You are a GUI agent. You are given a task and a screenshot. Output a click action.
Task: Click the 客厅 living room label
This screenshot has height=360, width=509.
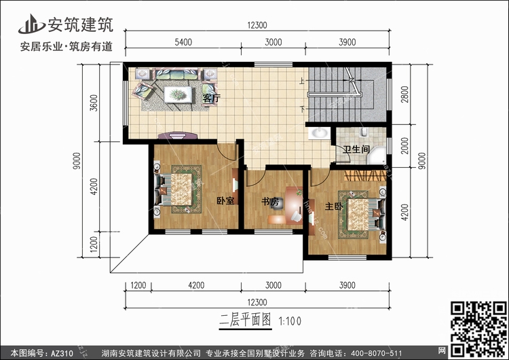click(212, 98)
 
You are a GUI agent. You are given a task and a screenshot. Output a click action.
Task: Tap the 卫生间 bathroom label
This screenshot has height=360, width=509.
click(356, 149)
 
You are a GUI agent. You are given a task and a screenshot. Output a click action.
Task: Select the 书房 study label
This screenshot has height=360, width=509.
click(270, 202)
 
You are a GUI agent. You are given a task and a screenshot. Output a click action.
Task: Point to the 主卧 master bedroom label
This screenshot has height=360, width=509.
click(334, 206)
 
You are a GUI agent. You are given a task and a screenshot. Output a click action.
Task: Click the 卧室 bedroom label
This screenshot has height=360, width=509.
click(225, 200)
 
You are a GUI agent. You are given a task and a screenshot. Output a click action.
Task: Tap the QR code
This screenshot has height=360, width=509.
click(478, 329)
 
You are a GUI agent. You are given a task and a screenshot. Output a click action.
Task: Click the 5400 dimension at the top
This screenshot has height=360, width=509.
click(183, 42)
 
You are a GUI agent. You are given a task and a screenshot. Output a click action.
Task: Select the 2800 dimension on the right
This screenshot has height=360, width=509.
click(404, 94)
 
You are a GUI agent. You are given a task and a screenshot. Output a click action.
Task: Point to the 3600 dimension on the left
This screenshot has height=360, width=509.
click(94, 103)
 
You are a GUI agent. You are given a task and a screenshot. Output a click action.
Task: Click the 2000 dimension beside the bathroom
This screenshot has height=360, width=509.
click(404, 146)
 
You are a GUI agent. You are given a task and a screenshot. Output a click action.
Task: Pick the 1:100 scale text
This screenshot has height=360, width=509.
click(290, 321)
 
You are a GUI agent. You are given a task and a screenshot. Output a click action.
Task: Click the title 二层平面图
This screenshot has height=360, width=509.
click(246, 320)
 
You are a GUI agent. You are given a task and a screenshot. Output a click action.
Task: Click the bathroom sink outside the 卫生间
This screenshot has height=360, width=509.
click(319, 134)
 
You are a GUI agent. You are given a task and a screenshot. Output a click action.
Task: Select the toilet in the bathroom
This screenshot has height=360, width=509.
click(364, 131)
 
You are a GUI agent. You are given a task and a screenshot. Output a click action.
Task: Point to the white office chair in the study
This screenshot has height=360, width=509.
click(297, 216)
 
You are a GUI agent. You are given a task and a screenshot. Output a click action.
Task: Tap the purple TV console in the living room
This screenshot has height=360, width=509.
click(178, 135)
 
